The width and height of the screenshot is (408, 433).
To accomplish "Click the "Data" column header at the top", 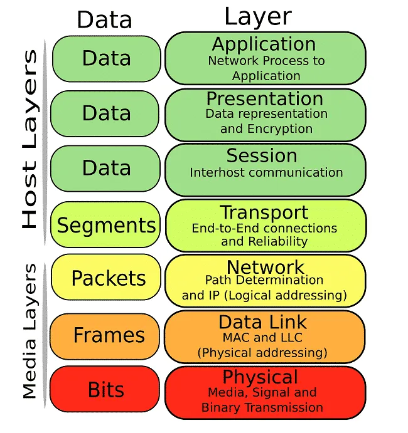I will pos(104,20).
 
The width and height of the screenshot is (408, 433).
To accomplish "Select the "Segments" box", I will pos(106,225).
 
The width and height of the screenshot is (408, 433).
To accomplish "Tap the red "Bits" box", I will pos(106,390).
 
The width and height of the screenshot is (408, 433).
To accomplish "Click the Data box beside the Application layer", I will pos(106,58).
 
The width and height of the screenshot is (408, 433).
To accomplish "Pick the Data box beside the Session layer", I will pos(106,168).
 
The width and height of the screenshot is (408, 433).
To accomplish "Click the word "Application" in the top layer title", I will pos(264,44).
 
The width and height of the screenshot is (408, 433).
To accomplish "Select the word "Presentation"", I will pos(265,99).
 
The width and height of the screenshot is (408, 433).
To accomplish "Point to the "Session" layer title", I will pos(262,155).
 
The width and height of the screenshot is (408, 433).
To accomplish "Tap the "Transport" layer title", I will pos(264,212).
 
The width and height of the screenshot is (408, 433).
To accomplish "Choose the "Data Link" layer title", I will pos(262,322).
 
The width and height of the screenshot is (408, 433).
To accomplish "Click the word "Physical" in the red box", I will pos(260,377).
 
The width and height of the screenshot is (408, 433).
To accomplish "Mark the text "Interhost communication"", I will pos(266,172).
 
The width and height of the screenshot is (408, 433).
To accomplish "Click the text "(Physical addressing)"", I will pos(262,352).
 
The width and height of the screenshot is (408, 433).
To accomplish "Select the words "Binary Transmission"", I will pos(262,407).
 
